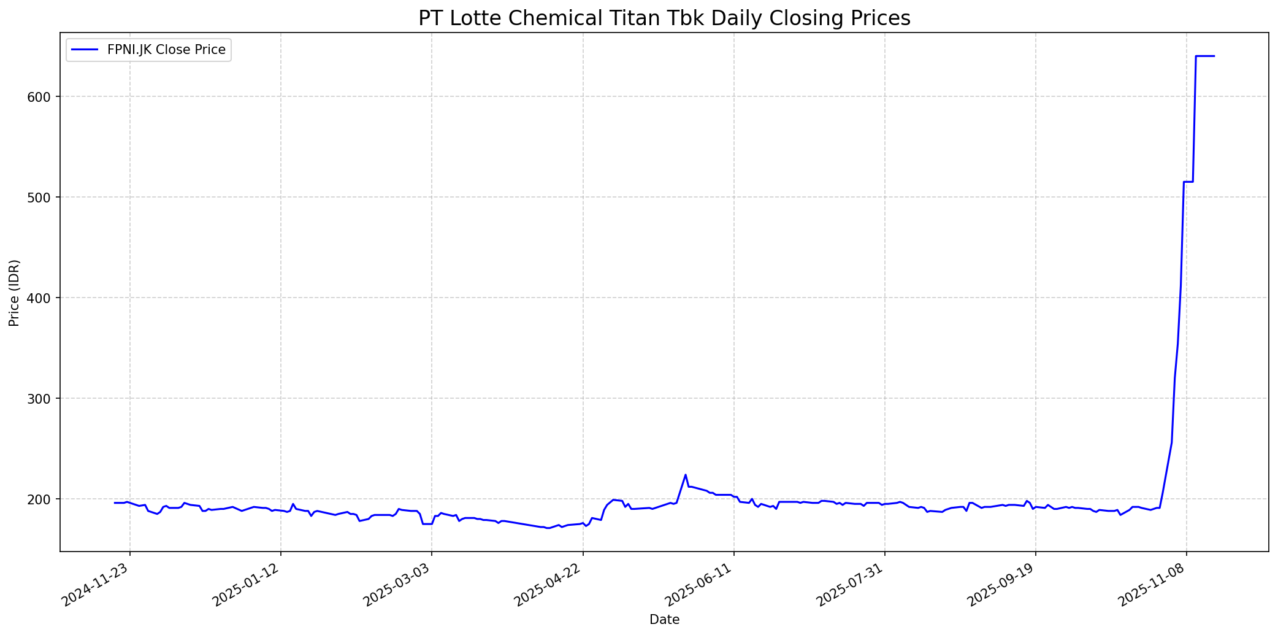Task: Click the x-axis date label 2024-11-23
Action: point(96,585)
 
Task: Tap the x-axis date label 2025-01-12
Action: point(247,585)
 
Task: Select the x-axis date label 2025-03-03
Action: point(398,585)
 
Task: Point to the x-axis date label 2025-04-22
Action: point(549,585)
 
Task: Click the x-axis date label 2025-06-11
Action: point(700,585)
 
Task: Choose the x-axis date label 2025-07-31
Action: point(851,585)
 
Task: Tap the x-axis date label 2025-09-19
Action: point(1002,585)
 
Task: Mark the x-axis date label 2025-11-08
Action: point(1153,585)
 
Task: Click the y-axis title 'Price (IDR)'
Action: point(14,293)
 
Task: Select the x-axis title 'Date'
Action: point(664,620)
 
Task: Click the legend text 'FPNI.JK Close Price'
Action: point(166,50)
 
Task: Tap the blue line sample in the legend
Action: point(85,50)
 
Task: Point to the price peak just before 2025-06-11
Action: point(686,475)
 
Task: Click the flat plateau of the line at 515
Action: point(1188,182)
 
